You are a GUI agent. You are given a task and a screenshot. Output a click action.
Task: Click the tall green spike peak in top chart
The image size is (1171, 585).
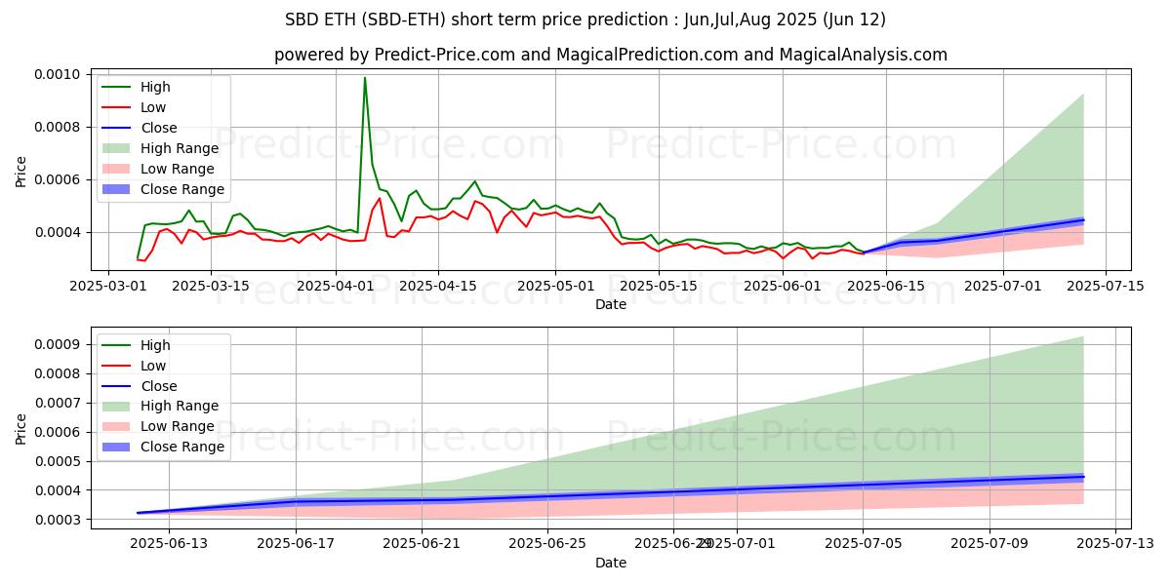pos(365,78)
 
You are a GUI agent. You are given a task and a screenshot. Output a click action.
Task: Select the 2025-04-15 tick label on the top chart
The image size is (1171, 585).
pos(437,286)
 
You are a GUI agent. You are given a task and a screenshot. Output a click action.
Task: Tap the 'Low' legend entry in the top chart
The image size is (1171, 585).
pos(153,107)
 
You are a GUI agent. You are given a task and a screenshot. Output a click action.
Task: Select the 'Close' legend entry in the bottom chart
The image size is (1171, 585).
pos(158,385)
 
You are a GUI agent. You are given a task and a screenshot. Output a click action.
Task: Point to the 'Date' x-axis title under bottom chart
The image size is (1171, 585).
pos(611,563)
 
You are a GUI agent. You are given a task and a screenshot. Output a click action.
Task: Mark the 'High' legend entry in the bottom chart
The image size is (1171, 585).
pos(155,344)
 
